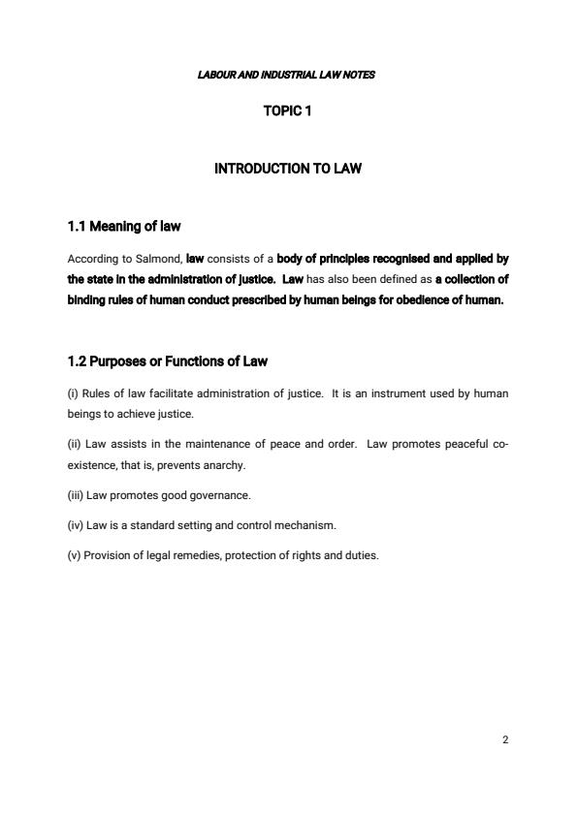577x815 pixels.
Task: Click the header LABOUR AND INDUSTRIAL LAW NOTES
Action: pos(286,75)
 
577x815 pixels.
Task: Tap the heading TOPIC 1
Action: pos(287,111)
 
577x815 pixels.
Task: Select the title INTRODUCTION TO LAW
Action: pos(287,169)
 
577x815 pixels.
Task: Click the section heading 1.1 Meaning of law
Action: pos(124,227)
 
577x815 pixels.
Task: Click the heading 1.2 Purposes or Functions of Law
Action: pos(168,361)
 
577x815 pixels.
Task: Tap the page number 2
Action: pos(506,739)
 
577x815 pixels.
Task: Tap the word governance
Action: pos(222,495)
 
